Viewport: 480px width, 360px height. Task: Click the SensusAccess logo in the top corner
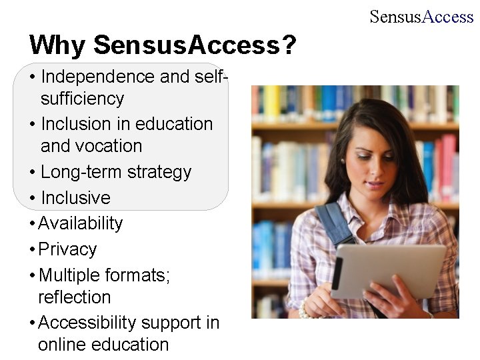(421, 17)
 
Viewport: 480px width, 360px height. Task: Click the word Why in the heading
(58, 45)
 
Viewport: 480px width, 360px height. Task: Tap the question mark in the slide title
(289, 45)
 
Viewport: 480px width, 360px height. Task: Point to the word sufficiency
(82, 99)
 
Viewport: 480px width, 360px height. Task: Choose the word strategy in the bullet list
(159, 172)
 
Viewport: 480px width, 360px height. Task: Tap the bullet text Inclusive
(75, 198)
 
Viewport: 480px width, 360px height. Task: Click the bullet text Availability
(81, 223)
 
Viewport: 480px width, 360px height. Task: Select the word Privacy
(67, 249)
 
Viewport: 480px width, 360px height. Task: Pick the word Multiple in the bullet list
(71, 275)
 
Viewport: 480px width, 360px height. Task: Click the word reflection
(74, 297)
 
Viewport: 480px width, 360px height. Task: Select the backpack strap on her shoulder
(333, 224)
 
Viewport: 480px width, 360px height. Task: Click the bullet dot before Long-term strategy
(33, 173)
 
